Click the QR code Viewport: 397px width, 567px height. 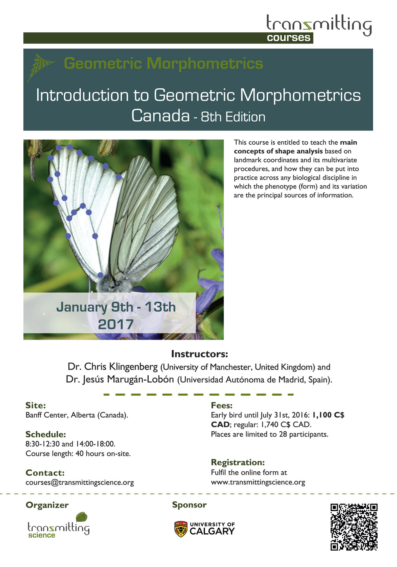coord(354,527)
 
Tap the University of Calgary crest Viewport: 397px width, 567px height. coord(181,529)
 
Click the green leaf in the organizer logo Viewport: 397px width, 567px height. coord(82,517)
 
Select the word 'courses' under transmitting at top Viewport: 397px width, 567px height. coord(289,38)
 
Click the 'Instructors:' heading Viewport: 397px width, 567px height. coord(199,354)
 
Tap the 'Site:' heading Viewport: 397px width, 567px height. coord(36,405)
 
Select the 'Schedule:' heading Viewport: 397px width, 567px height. coord(46,434)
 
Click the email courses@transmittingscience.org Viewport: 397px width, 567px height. coord(80,482)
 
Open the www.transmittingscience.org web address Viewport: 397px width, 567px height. coord(258,482)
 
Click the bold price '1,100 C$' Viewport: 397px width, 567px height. coord(328,415)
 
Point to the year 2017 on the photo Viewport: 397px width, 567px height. coord(116,324)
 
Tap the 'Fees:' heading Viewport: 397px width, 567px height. coord(222,405)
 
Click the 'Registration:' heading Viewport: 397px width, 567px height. coord(238,462)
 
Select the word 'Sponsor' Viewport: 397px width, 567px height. coord(189,505)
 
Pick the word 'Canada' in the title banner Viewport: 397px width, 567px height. coord(160,116)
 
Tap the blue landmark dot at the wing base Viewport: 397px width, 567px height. coord(100,275)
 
